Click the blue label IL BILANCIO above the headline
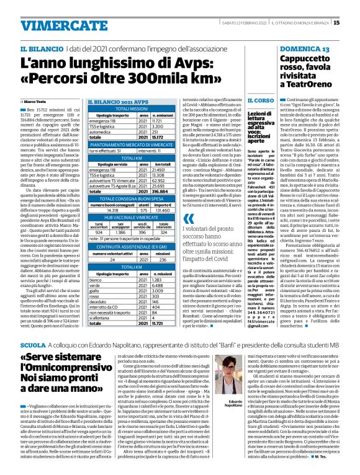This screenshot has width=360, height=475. [x=41, y=48]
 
